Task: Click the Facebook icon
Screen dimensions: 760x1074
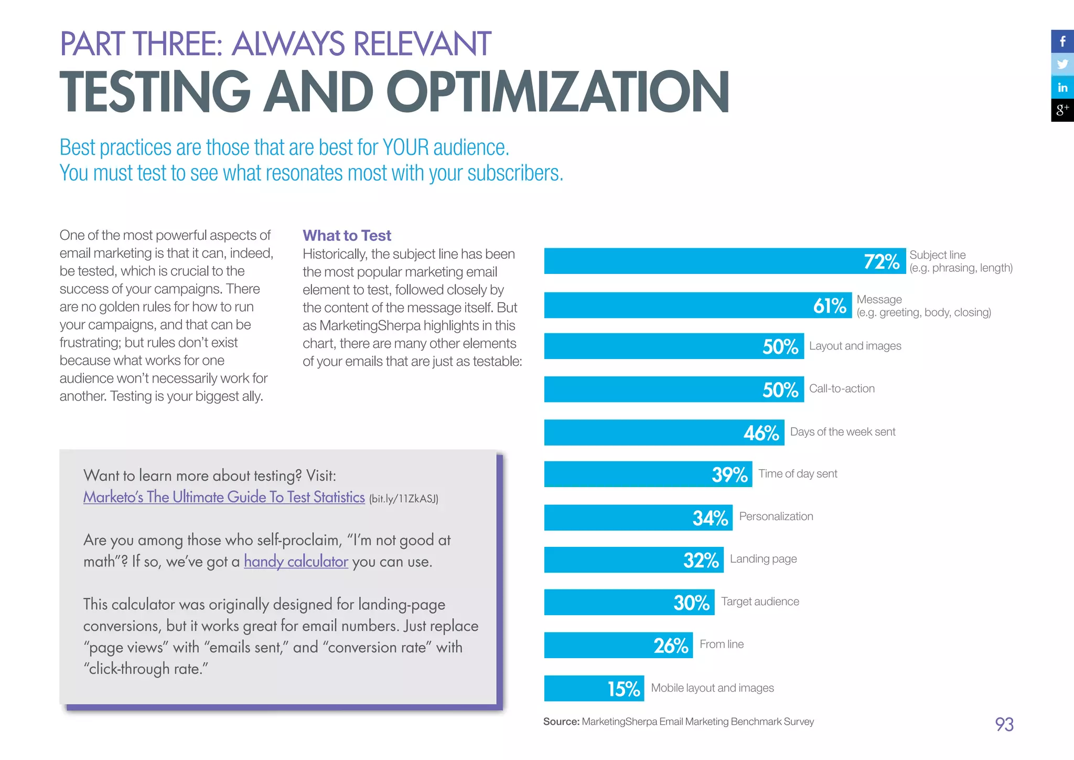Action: (1062, 41)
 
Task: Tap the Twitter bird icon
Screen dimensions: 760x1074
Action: (1062, 65)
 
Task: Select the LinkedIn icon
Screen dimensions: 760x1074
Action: (1062, 88)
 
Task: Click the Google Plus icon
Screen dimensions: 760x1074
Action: (1062, 110)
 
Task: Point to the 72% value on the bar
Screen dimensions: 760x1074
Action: (882, 261)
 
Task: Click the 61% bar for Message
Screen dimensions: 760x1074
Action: (682, 305)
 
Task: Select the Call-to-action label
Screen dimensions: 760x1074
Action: (842, 389)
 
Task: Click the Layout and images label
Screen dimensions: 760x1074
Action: (855, 346)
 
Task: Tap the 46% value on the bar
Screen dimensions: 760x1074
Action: (761, 433)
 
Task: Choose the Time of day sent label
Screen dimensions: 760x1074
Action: (798, 474)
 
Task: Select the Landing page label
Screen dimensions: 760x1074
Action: (763, 559)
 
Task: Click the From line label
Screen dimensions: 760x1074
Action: (722, 645)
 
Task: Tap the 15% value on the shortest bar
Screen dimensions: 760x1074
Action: (624, 689)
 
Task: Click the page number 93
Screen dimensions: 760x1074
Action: (1004, 724)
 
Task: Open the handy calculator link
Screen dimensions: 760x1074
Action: (296, 562)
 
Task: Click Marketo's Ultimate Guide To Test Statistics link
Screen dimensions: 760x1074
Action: (224, 497)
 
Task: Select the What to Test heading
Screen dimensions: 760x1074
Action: (347, 236)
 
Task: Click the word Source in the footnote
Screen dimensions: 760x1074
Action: (561, 722)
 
